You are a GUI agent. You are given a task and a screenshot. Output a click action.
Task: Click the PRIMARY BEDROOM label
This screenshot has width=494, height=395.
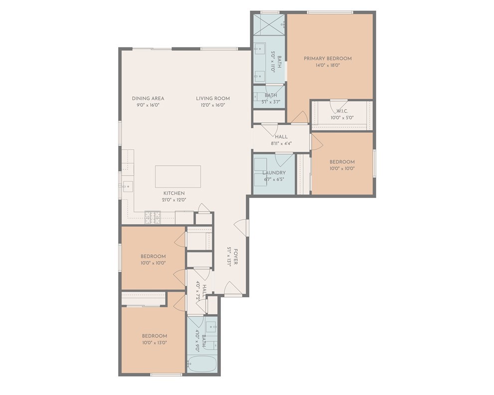(328, 58)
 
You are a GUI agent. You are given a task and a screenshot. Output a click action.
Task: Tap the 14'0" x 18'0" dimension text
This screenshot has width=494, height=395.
(328, 65)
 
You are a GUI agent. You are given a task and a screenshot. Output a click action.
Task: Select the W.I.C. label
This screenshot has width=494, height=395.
(341, 111)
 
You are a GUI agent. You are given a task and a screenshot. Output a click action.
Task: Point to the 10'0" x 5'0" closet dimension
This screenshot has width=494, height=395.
(341, 118)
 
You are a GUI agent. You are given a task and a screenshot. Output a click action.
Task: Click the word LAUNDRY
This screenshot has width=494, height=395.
(274, 173)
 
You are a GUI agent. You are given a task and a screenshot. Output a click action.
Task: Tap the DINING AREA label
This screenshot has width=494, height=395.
(148, 98)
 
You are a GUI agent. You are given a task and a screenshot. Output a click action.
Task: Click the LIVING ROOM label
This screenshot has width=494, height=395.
(213, 98)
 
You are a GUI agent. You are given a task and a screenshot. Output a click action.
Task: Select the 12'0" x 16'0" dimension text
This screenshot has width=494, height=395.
(213, 105)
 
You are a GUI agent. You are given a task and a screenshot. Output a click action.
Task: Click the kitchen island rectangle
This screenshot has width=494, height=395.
(178, 177)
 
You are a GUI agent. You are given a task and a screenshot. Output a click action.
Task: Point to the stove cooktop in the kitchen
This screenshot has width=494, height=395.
(152, 216)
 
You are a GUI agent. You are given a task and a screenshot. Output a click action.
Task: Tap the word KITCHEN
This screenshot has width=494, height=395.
(174, 193)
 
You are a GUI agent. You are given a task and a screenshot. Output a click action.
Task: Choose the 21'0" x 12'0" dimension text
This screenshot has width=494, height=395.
(174, 200)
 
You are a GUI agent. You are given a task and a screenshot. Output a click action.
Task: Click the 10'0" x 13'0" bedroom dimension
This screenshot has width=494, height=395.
(154, 343)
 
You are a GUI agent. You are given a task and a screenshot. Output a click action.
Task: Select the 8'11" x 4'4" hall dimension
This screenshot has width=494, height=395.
(281, 143)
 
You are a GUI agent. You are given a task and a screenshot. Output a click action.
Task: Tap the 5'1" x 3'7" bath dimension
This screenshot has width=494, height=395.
(271, 102)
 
